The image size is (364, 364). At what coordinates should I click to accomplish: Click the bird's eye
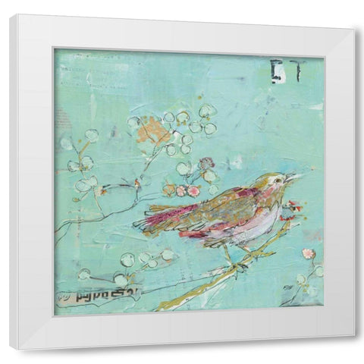click(279, 179)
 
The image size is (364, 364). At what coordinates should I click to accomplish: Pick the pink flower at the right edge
click(309, 253)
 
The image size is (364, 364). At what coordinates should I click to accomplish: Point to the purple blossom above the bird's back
click(206, 163)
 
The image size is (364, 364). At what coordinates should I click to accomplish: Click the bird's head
click(273, 183)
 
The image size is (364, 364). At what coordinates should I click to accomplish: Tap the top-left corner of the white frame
click(10, 15)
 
